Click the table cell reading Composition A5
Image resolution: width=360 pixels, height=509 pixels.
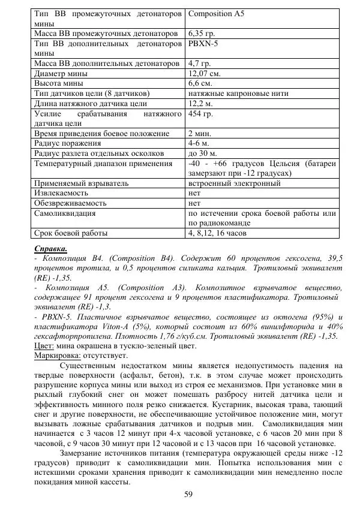click(x=215, y=13)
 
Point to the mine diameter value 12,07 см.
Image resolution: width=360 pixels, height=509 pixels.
click(x=205, y=73)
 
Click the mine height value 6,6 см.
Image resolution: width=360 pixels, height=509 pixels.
click(x=201, y=83)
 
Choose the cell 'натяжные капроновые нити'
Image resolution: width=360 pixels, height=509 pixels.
click(x=238, y=93)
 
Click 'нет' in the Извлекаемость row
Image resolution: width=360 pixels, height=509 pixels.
click(x=194, y=193)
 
